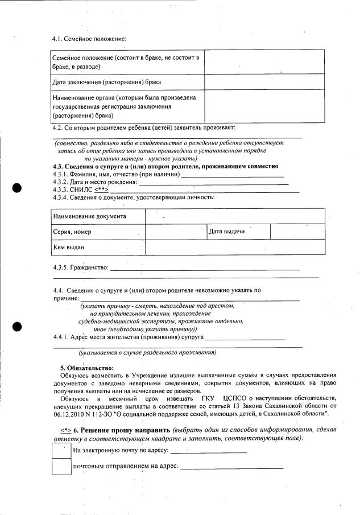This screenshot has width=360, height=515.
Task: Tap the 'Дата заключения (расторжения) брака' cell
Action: pyautogui.click(x=128, y=82)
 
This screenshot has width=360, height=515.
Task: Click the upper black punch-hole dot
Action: pyautogui.click(x=17, y=188)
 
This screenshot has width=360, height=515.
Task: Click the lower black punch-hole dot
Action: pyautogui.click(x=17, y=326)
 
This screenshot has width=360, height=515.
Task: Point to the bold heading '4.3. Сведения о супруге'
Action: pyautogui.click(x=165, y=166)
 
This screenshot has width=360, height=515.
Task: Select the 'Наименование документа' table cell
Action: pyautogui.click(x=98, y=216)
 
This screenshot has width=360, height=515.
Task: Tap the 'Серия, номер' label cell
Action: pyautogui.click(x=98, y=232)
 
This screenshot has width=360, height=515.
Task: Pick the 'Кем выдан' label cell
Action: pyautogui.click(x=98, y=248)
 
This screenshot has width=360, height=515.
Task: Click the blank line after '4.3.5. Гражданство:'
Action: pyautogui.click(x=204, y=269)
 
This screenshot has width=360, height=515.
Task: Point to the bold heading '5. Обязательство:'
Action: pyautogui.click(x=87, y=369)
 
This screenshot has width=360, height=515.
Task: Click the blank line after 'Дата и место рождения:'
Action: pyautogui.click(x=213, y=182)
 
